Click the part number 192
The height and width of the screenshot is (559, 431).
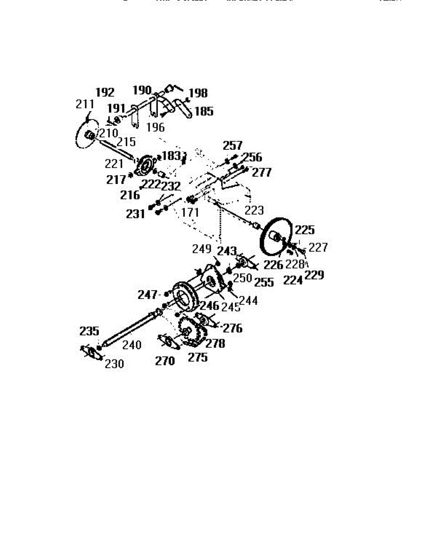pos(105,91)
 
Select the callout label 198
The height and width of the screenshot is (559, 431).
pos(198,93)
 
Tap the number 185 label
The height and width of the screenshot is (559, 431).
pos(204,111)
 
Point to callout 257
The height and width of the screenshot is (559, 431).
pos(233,145)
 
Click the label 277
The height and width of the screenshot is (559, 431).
pos(261,172)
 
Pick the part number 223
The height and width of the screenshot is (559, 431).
pos(254,210)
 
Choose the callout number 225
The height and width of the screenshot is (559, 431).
pos(305,230)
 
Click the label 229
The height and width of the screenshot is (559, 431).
pos(314,275)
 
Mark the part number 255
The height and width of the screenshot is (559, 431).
pos(264,283)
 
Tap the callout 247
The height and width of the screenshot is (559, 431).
pos(148,294)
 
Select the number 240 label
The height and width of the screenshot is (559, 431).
pos(131,345)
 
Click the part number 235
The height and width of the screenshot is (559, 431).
pos(89,331)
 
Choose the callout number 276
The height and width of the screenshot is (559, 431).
pos(233,328)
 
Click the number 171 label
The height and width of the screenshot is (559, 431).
pos(190,213)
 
